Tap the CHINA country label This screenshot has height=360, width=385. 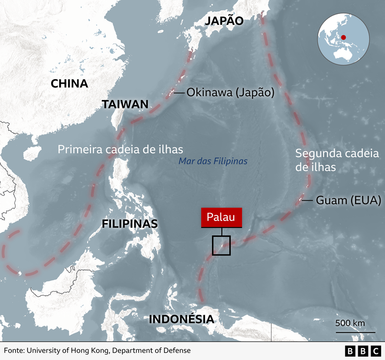[69, 83]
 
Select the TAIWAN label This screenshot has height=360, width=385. [125, 104]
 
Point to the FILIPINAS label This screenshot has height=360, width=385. [129, 224]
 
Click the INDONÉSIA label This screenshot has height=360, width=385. [182, 319]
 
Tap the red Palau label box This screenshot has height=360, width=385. [221, 218]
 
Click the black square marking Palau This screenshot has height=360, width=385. [221, 245]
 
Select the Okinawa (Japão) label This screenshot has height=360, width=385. [231, 93]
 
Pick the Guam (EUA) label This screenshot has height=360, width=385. [348, 200]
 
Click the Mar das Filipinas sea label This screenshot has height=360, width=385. [213, 161]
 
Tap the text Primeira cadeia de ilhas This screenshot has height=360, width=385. [121, 149]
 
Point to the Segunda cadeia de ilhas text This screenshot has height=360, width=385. [337, 160]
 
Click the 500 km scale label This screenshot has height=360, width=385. [350, 323]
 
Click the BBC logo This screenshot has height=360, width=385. [363, 351]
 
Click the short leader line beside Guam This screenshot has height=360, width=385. [307, 200]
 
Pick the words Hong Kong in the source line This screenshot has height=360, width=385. [90, 351]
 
